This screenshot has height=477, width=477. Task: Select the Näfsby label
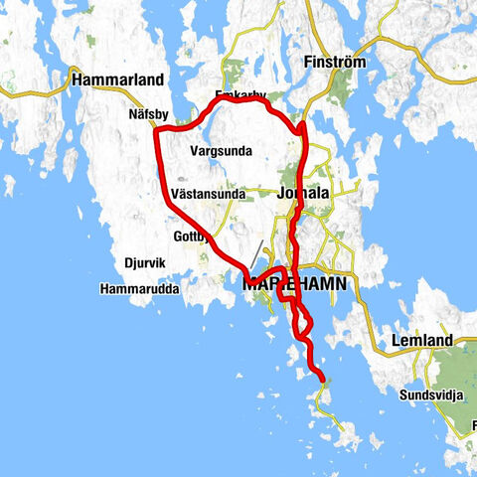point(149,114)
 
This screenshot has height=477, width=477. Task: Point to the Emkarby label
point(240,95)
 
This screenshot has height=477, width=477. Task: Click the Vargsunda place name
point(220,151)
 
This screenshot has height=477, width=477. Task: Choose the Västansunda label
point(208,194)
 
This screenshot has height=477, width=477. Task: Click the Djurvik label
point(144,264)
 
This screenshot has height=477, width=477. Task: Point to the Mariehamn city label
point(295,284)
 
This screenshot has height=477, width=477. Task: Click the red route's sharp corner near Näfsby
point(158,130)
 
